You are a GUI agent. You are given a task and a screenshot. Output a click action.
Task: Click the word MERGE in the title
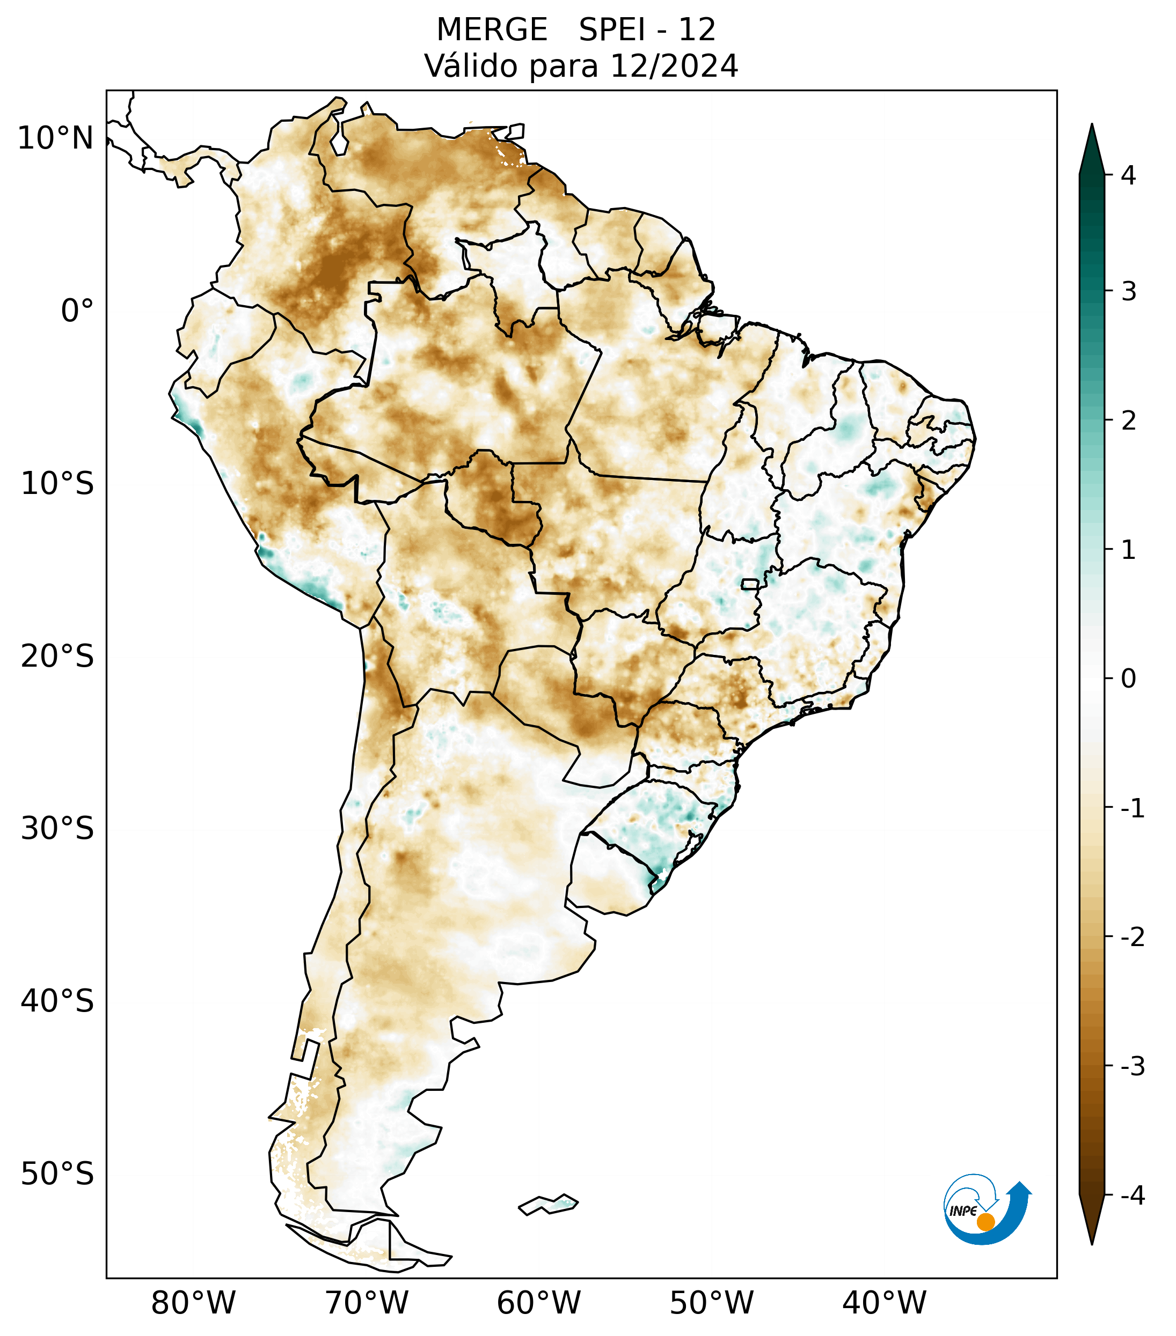pos(491,30)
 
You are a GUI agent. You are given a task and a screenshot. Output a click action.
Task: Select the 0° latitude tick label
pos(77,311)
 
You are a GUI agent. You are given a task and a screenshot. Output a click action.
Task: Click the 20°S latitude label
pos(57,656)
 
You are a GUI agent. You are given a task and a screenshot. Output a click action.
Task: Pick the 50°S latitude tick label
pos(57,1174)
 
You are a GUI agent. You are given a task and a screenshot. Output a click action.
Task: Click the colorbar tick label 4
pos(1128,175)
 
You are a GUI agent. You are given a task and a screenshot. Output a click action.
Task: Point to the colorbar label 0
pos(1128,679)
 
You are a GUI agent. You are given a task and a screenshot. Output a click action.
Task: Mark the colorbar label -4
pos(1132,1195)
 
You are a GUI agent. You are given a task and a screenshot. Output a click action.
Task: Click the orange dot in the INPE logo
pos(985,1222)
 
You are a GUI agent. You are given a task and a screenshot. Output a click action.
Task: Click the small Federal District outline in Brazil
pos(749,583)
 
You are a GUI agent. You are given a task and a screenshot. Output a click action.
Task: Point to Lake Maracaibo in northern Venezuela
pos(339,137)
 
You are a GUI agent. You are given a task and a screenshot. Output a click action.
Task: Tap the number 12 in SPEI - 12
pos(697,30)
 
